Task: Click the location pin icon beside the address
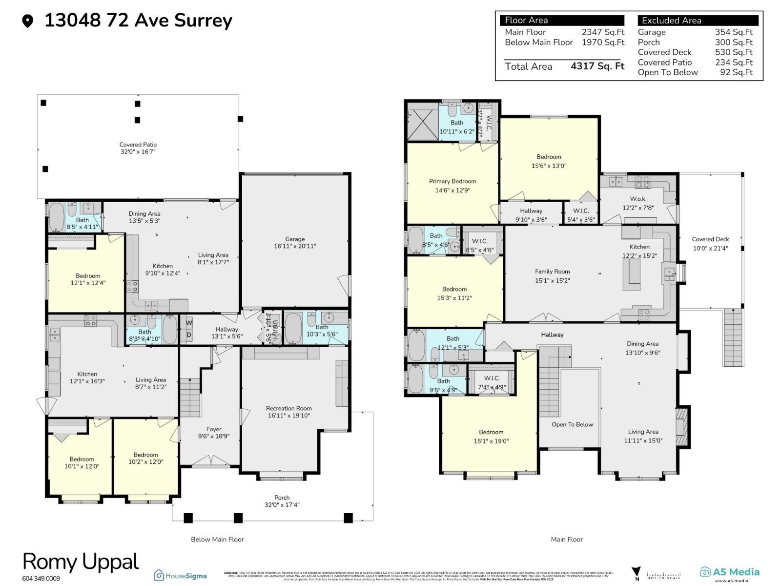[x=28, y=21]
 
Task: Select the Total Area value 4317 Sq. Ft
[x=597, y=66]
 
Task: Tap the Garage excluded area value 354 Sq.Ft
[x=734, y=32]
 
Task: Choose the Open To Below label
[x=572, y=424]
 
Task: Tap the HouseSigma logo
[x=180, y=575]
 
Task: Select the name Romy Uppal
[x=81, y=562]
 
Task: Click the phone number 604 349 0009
[x=41, y=579]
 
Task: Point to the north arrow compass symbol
[x=636, y=573]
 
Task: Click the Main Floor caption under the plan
[x=567, y=539]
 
